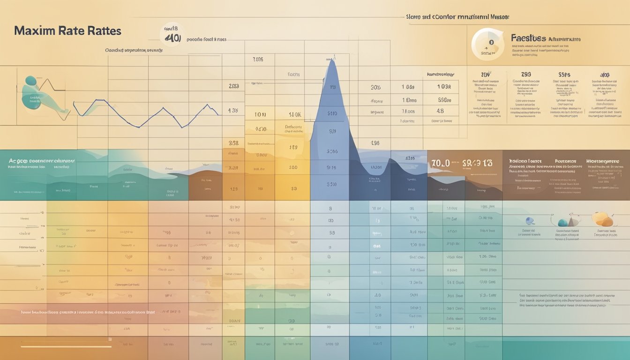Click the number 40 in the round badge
172,38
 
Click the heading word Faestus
528,38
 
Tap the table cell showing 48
440,112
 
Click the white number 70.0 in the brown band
440,163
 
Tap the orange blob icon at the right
602,219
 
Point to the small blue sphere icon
530,221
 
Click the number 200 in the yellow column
293,167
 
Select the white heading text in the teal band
42,160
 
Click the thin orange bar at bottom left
66,346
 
